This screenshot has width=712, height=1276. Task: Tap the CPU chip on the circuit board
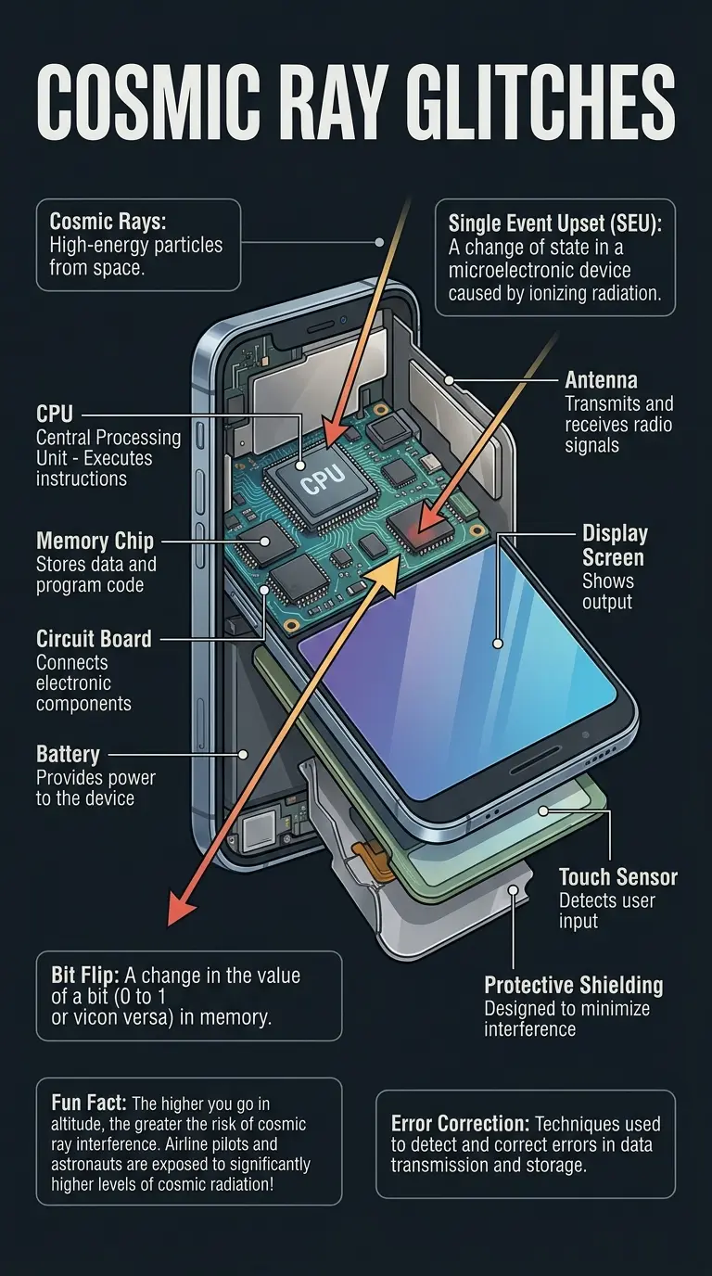pyautogui.click(x=319, y=476)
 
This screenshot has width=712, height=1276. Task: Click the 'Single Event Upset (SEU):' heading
pyautogui.click(x=553, y=223)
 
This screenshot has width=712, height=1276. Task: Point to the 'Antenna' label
pyautogui.click(x=602, y=380)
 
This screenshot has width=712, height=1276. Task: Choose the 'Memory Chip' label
pyautogui.click(x=95, y=541)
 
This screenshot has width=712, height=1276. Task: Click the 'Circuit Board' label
pyautogui.click(x=94, y=639)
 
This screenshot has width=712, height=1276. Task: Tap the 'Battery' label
pyautogui.click(x=68, y=754)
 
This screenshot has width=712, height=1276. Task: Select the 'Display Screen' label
pyautogui.click(x=614, y=545)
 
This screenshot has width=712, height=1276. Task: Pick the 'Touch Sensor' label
pyautogui.click(x=617, y=876)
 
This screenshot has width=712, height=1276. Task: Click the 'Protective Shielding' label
pyautogui.click(x=573, y=985)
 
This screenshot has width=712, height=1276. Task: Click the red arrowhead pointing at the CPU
pyautogui.click(x=334, y=434)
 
